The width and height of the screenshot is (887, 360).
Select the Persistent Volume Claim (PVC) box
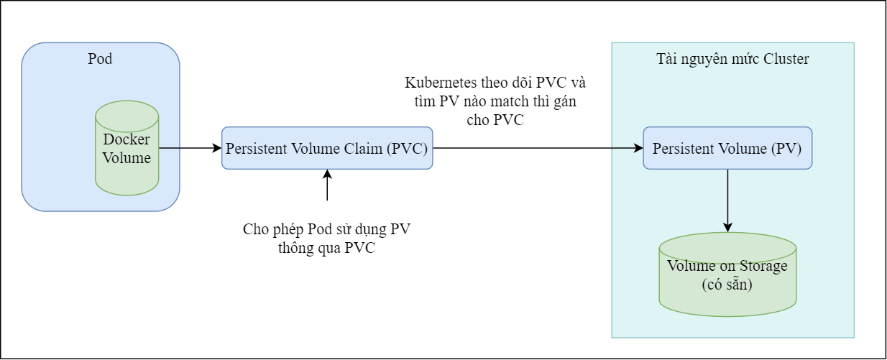coord(327,149)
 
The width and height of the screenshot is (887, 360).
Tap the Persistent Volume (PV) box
coord(727,148)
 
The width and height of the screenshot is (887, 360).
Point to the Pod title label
coord(100,59)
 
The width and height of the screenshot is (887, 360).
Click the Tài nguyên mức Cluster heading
coord(732,59)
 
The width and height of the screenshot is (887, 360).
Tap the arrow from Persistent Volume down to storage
coord(728,200)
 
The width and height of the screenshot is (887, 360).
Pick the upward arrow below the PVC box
coord(327,185)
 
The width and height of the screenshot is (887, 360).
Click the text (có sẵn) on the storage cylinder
coord(727,285)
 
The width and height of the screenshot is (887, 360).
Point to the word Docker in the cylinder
coord(127,139)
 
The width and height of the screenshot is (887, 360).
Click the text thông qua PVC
coord(326,249)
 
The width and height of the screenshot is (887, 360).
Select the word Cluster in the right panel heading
coord(786,59)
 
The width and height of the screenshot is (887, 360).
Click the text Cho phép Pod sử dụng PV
coord(327,230)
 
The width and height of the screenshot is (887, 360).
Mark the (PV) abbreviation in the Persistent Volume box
coord(787,148)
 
